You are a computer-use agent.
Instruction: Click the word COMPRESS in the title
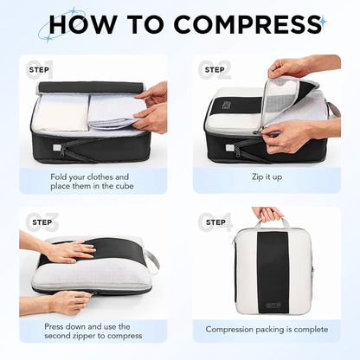point(247,23)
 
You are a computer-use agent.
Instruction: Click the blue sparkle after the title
point(324,22)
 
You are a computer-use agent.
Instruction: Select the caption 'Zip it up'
point(267,177)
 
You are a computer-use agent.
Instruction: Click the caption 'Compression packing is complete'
point(267,329)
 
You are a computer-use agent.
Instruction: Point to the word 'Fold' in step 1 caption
point(59,177)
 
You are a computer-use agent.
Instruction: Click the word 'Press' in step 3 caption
point(54,326)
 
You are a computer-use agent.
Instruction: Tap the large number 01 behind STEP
point(39,70)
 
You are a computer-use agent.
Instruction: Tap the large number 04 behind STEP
point(215,222)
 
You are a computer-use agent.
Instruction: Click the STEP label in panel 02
point(215,70)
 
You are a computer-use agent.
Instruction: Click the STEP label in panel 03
point(42,222)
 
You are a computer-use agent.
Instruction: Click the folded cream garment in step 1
point(63,113)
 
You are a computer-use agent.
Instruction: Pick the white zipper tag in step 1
point(56,147)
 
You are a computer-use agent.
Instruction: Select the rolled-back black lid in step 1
point(91,87)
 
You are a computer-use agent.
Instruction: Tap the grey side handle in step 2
point(334,109)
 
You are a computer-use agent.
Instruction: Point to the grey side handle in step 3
point(153,262)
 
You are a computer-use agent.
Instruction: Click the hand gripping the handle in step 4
point(267,214)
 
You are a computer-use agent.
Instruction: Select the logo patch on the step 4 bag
point(273,305)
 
